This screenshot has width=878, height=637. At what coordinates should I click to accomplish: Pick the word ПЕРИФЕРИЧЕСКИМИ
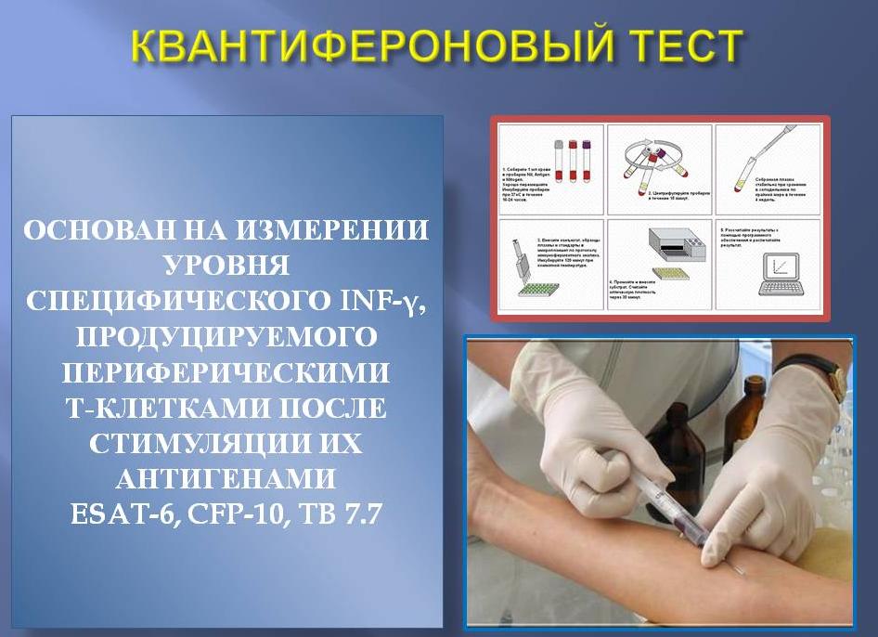(x=226, y=371)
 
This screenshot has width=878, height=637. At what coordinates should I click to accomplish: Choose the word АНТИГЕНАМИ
(x=226, y=478)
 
